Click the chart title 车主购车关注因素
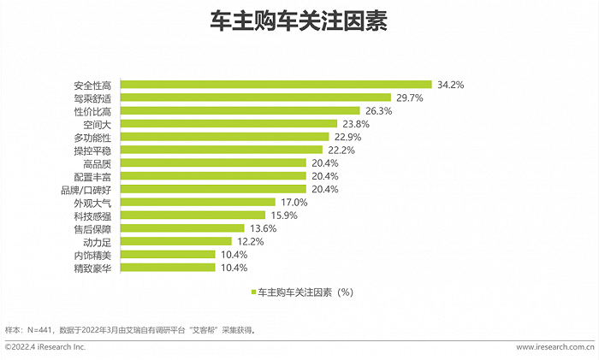pos(299,23)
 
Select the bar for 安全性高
pos(276,85)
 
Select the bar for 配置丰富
pos(213,176)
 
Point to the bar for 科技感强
pos(193,215)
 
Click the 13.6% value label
pos(268,228)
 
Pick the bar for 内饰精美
pos(168,255)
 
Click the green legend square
pos(253,292)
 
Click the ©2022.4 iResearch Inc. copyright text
pos(46,347)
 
